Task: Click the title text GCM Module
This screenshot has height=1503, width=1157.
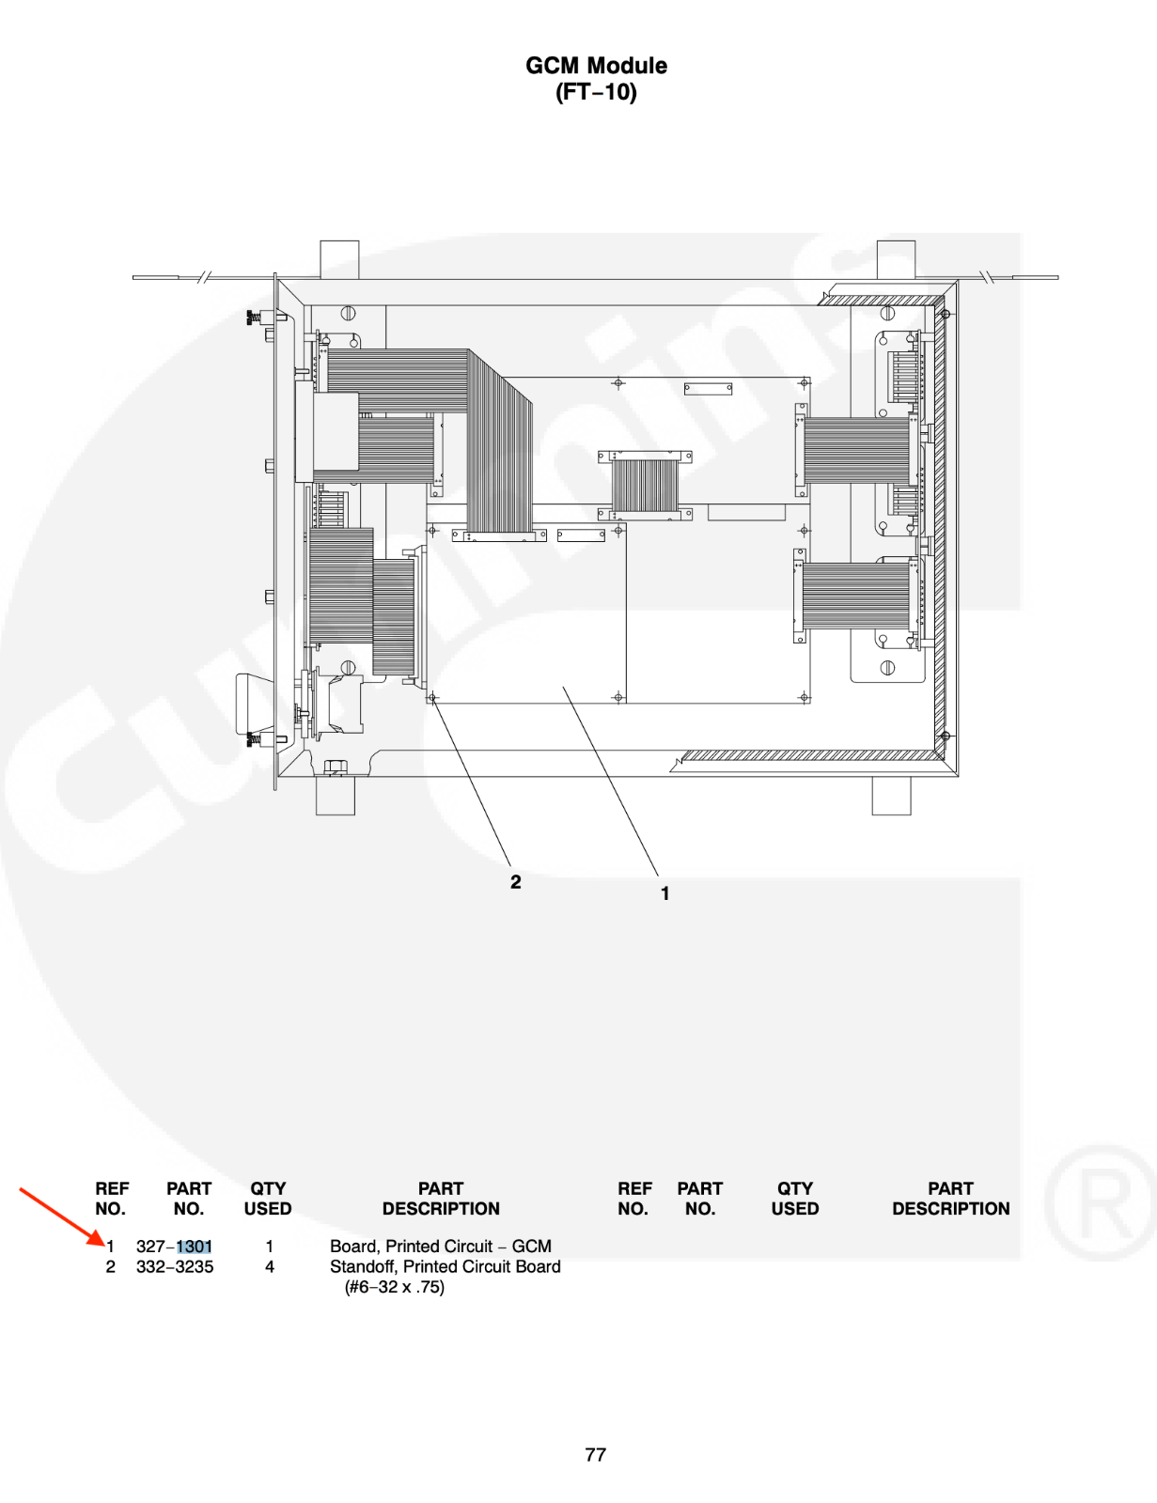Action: click(x=596, y=66)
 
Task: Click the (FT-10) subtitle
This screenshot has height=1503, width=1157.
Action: click(x=596, y=92)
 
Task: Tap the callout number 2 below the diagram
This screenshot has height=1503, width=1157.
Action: click(x=516, y=882)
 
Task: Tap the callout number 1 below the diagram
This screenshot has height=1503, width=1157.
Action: click(x=665, y=893)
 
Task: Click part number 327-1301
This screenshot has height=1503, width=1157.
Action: click(x=175, y=1247)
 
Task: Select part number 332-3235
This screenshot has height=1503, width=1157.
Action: click(x=175, y=1266)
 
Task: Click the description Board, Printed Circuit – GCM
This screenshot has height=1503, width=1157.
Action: click(x=441, y=1247)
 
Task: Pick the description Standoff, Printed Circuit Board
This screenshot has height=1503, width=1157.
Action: click(x=446, y=1266)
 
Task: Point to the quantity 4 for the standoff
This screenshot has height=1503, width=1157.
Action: click(x=270, y=1266)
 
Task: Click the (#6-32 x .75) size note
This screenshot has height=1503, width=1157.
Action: click(x=395, y=1287)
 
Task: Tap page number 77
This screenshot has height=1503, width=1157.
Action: click(x=596, y=1454)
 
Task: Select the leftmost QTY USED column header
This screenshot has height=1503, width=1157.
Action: click(x=268, y=1199)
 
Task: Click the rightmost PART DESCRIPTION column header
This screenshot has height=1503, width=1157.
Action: click(x=951, y=1199)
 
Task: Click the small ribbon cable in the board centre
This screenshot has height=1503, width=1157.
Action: click(x=645, y=486)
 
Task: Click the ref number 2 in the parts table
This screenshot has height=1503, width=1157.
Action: click(x=111, y=1266)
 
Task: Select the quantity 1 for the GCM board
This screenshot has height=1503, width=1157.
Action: click(x=270, y=1247)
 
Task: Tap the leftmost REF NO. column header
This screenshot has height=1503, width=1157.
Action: click(x=112, y=1199)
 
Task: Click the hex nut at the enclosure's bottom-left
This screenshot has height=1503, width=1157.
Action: click(x=336, y=767)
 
